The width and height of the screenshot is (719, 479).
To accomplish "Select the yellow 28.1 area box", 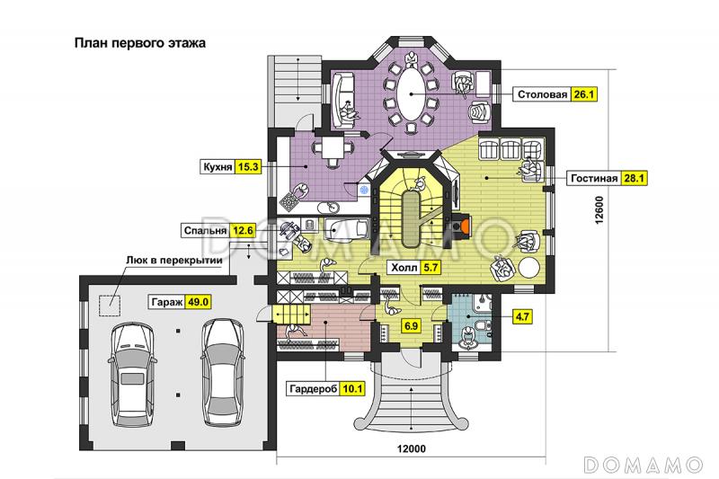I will coord(635,178).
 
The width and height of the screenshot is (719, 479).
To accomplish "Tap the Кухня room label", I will coord(218,166).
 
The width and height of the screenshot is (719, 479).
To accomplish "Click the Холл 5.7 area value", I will coord(430,267).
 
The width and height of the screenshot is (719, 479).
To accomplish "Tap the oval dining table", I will coord(411,93).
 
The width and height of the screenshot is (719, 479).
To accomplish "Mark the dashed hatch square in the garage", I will coord(111,306).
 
